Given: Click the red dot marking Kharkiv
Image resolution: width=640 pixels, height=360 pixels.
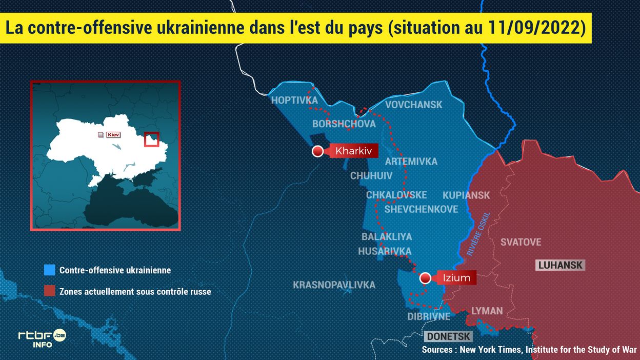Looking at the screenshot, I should click(x=318, y=151).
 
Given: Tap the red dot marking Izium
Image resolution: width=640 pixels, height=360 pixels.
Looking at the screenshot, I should click(x=425, y=278).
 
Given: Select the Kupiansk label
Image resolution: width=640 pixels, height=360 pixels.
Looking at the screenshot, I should click(x=466, y=195).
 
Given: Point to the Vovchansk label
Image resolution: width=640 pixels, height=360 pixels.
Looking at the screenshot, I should click(x=413, y=105).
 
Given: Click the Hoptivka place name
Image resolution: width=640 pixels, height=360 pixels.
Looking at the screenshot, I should click(x=294, y=100).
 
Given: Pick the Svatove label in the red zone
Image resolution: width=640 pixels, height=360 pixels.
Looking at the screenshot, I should click(x=521, y=242).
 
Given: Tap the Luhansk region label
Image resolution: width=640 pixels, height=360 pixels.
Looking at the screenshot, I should click(x=559, y=265).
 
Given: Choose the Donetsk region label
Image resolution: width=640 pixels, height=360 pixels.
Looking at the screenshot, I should click(x=448, y=337).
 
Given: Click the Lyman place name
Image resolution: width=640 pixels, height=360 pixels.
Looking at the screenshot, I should click(x=487, y=311).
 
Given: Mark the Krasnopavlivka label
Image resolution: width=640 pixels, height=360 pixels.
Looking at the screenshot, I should click(x=334, y=285).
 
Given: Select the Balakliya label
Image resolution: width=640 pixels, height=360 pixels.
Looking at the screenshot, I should click(x=387, y=236).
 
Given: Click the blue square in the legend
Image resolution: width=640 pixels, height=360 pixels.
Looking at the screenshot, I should click(x=49, y=270).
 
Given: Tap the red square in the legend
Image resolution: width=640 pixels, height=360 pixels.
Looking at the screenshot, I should click(x=49, y=291).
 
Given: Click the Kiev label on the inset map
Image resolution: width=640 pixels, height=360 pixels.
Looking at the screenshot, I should click(x=113, y=135).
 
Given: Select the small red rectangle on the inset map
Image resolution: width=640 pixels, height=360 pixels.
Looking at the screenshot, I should click(x=152, y=139).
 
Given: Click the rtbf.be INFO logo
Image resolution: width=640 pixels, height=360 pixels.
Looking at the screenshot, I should click(x=42, y=338).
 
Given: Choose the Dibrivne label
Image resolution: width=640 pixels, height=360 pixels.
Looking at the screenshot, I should click(x=429, y=316).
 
